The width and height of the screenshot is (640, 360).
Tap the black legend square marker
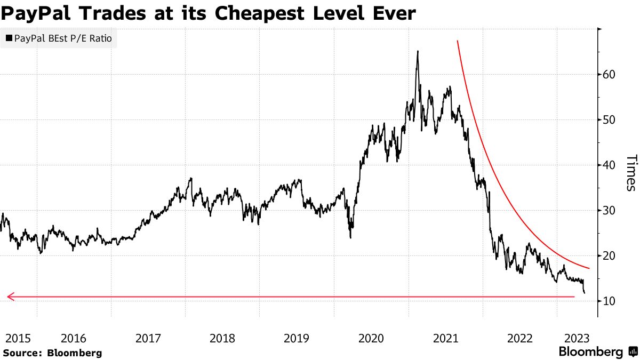pyautogui.click(x=9, y=38)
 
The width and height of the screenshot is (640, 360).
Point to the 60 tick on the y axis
pyautogui.click(x=610, y=74)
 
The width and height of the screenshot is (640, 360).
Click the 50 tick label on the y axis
pyautogui.click(x=610, y=119)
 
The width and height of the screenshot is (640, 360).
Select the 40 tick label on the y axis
pyautogui.click(x=610, y=165)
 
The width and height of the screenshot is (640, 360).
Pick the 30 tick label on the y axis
pyautogui.click(x=610, y=210)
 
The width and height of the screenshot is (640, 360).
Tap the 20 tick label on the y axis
pyautogui.click(x=610, y=255)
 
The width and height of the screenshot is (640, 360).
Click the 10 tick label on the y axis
pyautogui.click(x=610, y=301)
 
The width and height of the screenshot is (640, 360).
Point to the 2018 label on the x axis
pyautogui.click(x=222, y=338)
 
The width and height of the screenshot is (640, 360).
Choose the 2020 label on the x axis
pyautogui.click(x=371, y=338)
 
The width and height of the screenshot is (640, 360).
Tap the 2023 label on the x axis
pyautogui.click(x=577, y=338)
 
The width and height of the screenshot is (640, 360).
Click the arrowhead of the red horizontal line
pyautogui.click(x=9, y=297)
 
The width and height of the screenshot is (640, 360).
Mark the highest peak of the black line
pyautogui.click(x=418, y=51)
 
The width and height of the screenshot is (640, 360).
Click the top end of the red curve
pyautogui.click(x=457, y=41)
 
